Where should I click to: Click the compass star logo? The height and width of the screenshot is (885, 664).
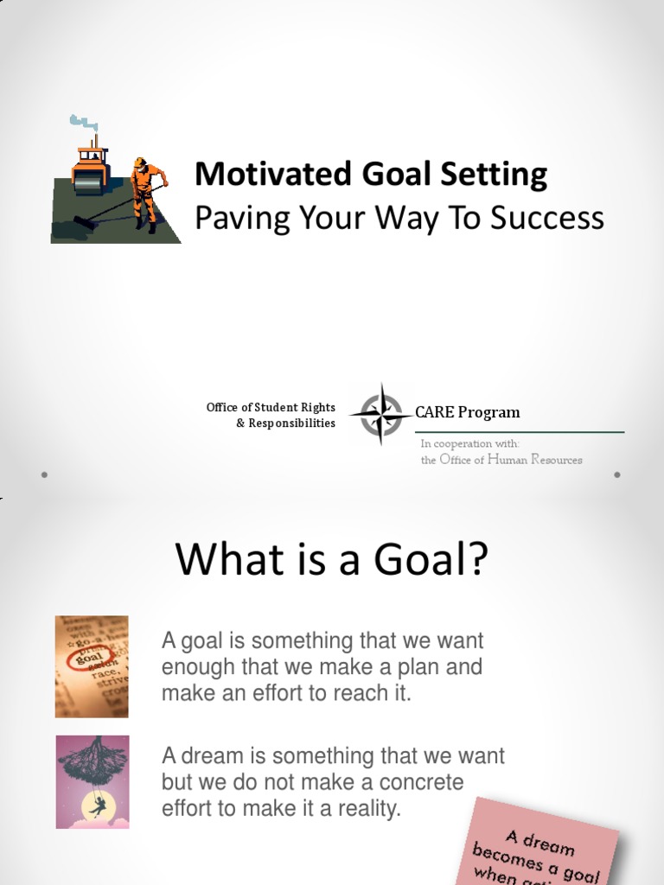pos(380,414)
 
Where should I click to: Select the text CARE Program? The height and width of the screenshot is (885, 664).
pos(467,412)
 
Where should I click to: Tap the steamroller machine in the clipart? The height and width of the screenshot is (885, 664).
pos(90,163)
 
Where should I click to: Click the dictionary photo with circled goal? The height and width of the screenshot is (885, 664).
pos(92,666)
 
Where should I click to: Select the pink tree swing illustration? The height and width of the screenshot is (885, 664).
pos(92,781)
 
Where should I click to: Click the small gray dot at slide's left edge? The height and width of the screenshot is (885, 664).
pos(44,474)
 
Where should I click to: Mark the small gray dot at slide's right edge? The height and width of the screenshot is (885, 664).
pos(617,474)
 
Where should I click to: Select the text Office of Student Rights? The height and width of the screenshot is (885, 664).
pos(271,407)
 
